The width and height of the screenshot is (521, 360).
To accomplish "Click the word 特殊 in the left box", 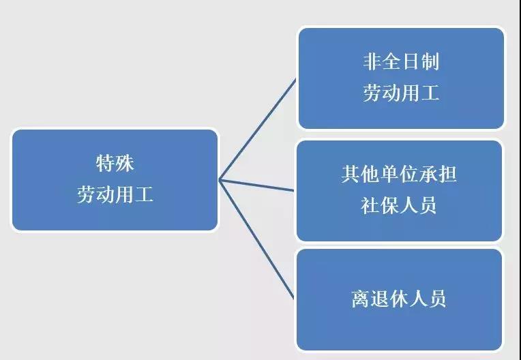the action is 115,163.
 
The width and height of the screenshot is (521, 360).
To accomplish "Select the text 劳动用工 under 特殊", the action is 115,194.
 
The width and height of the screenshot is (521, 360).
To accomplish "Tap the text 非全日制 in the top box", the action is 402,61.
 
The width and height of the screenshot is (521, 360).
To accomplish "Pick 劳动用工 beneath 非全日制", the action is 402,92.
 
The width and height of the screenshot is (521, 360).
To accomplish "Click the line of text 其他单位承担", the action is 399,174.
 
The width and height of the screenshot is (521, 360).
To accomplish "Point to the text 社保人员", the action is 399,205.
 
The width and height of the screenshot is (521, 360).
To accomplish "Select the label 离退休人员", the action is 399,299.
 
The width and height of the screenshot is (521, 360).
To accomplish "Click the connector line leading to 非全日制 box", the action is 258,130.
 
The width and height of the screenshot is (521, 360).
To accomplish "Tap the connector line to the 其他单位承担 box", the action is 256,185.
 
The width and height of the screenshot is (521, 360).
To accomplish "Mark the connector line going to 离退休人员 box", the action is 256,239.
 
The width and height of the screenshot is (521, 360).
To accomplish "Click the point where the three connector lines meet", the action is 220,180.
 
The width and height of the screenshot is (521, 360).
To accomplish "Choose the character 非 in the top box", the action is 372,61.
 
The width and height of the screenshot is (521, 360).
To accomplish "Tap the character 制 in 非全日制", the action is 430,61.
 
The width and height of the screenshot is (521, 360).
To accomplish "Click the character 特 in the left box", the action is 105,163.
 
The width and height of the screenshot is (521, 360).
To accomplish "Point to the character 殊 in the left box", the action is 125,163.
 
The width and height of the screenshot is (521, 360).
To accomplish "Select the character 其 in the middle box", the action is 351,174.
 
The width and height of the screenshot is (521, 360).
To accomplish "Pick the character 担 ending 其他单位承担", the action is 447,174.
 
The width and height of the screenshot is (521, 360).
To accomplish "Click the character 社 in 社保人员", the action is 370,205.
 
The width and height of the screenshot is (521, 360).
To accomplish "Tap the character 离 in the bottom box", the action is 361,299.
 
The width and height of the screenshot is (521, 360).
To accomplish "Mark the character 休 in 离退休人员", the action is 399,299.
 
